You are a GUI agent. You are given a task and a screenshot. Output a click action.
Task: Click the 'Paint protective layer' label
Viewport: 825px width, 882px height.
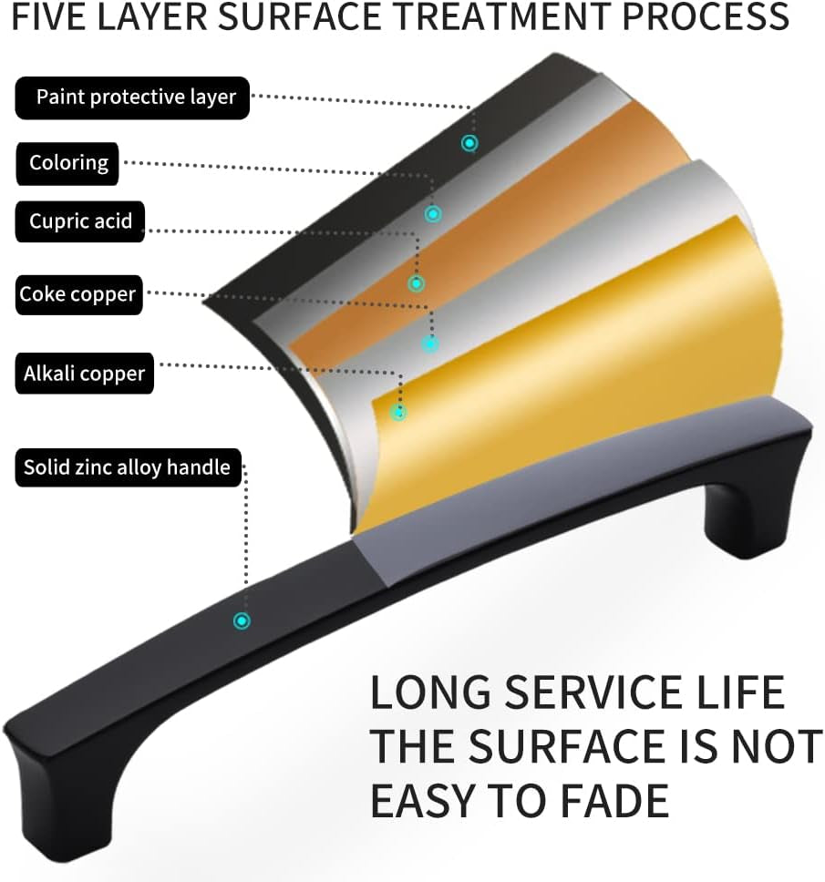coord(131,97)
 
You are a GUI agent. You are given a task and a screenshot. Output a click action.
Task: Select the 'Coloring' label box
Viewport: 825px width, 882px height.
coord(67,164)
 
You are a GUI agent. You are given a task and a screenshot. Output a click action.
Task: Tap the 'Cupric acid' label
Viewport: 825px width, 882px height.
coord(80,221)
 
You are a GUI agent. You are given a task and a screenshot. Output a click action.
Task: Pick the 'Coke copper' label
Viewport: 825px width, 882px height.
coord(78,294)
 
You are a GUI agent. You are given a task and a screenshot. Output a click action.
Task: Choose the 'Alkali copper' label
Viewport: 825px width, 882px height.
coord(85,374)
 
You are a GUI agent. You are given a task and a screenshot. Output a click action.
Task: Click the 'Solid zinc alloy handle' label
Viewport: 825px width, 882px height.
coord(129,467)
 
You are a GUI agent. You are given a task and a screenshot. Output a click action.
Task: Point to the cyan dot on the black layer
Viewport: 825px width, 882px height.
coord(469,143)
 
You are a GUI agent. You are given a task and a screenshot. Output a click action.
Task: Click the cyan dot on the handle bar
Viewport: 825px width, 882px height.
coord(242,621)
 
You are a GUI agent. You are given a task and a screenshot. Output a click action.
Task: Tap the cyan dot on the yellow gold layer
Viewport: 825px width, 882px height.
coord(398,413)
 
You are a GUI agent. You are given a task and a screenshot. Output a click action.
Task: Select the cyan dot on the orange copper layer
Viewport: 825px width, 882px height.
coord(416,283)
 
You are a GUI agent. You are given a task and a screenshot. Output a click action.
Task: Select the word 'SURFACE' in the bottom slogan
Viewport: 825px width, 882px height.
coord(567,746)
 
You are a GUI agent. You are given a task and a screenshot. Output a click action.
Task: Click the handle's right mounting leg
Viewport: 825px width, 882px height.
coord(754,495)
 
